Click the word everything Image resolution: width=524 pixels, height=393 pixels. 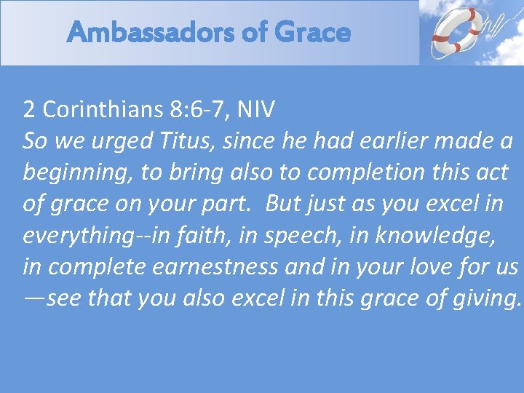click(x=76, y=235)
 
